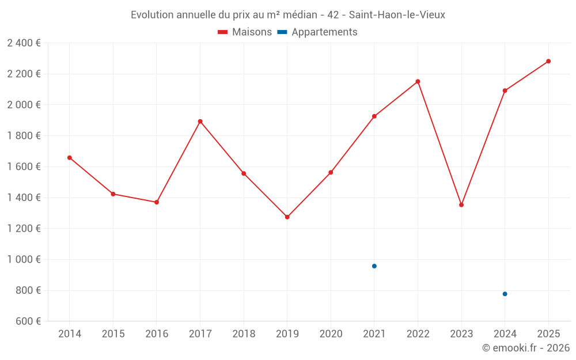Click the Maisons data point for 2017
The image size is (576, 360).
coord(200,122)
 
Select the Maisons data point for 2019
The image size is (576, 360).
coord(287,217)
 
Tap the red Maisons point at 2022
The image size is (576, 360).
coord(418,82)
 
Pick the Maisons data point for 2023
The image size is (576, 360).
coord(461,205)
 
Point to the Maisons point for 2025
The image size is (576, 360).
coord(548,61)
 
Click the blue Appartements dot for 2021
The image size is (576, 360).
coord(374,266)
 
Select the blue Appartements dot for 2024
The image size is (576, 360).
coord(505,294)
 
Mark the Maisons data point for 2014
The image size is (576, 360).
coord(70,158)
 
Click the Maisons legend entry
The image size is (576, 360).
coord(245,32)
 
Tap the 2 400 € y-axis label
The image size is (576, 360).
coord(24,43)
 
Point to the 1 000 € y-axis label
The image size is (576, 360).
coord(24,260)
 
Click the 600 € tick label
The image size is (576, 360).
coord(26,321)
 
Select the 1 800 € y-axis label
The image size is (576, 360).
coord(24,136)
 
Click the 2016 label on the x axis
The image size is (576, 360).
coord(157,334)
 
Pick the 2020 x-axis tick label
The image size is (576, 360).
coord(331,334)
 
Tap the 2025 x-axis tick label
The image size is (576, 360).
coord(548,334)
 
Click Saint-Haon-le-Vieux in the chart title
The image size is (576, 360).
coord(397,15)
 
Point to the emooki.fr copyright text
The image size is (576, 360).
coord(525,348)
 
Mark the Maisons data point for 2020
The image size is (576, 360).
coord(331,172)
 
